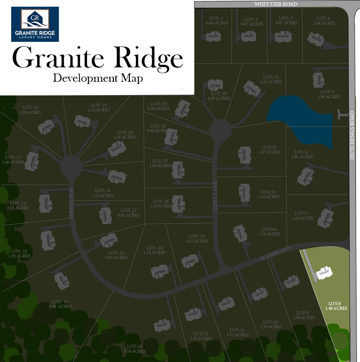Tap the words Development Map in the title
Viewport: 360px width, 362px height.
98,78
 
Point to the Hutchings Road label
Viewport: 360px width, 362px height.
352,135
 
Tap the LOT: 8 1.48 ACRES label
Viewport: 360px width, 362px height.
336,305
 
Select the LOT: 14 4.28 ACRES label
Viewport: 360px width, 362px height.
62,304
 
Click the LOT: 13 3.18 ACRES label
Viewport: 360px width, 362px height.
135,349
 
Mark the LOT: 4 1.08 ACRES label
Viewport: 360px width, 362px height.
325,20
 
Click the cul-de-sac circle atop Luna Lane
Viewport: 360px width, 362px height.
220,130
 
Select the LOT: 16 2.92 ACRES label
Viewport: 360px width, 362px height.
18,205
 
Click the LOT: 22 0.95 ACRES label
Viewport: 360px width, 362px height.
128,213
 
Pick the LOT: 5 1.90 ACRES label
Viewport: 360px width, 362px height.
328,94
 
